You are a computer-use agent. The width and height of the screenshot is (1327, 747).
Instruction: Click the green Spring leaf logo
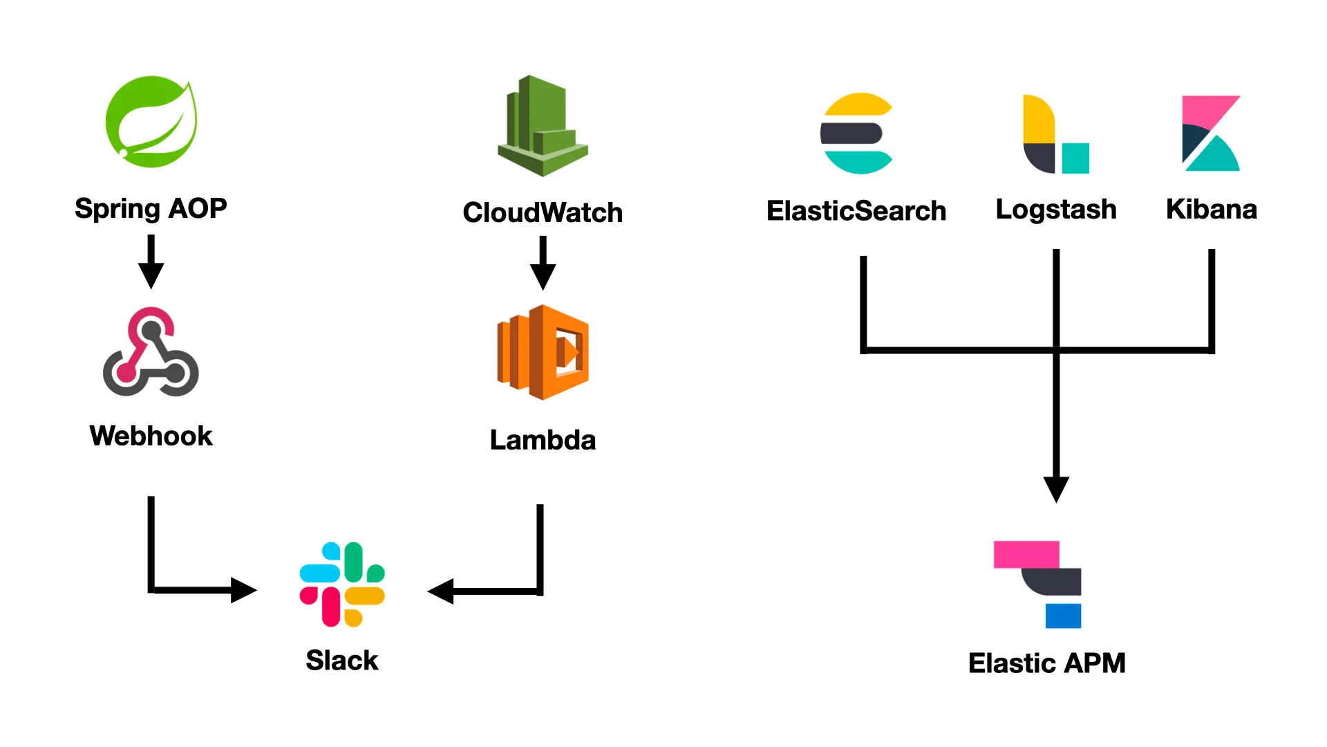point(151,122)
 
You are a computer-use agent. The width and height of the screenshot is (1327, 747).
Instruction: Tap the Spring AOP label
point(151,208)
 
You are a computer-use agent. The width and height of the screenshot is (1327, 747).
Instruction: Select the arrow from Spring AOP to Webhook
point(151,263)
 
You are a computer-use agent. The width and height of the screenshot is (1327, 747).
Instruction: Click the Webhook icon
point(151,352)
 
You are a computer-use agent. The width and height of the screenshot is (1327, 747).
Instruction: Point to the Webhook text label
point(151,436)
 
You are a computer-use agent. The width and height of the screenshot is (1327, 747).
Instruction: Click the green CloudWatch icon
point(543,126)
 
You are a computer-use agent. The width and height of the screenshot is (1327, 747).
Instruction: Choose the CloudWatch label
point(543,212)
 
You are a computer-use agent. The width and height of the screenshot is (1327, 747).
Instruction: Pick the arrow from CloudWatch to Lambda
point(543,264)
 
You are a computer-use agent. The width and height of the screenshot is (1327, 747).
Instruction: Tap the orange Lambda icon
point(543,352)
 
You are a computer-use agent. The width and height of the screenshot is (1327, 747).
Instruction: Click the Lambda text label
point(543,440)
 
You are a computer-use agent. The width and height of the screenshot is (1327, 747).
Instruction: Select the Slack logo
point(342,584)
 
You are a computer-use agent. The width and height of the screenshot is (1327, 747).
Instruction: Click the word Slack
point(342,661)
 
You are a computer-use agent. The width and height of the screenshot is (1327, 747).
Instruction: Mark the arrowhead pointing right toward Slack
point(243,590)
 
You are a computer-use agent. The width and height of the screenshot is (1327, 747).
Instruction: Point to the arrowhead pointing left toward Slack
point(441,591)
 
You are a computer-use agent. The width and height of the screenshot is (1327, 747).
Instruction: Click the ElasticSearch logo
point(856,133)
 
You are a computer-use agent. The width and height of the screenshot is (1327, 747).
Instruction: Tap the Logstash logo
point(1055,134)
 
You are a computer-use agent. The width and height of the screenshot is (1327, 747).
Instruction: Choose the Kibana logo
point(1211,133)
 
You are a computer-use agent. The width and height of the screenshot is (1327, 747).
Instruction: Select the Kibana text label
point(1211,209)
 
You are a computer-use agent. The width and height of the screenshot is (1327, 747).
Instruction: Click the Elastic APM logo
point(1037,584)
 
